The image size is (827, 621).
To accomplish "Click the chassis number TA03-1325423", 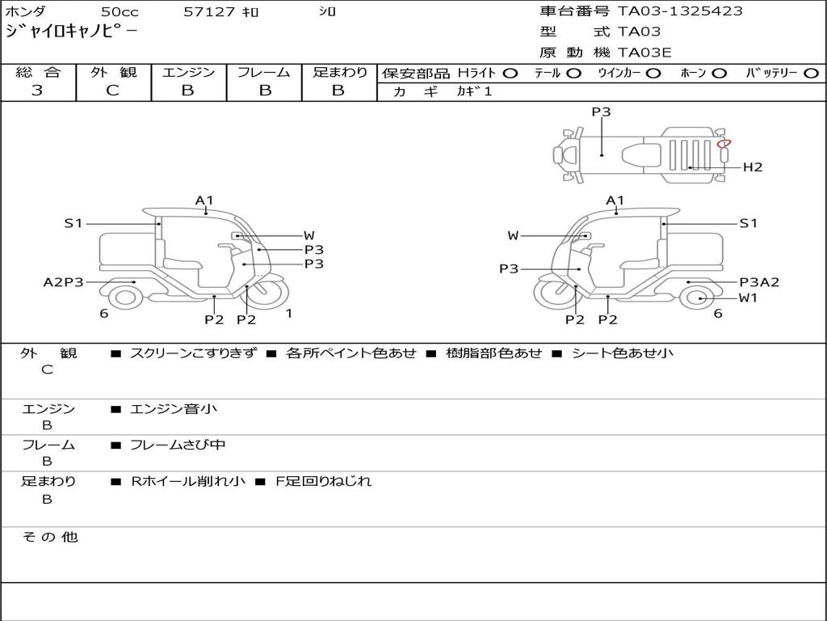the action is tap(680, 11).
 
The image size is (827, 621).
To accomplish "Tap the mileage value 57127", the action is tap(209, 12).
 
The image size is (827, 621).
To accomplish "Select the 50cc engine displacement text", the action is tap(120, 12).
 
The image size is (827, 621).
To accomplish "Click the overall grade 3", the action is tap(37, 91).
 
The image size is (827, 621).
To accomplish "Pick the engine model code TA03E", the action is tap(644, 53).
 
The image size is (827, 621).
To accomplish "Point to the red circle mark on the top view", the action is tap(724, 143).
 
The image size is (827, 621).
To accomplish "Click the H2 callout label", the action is tap(753, 167).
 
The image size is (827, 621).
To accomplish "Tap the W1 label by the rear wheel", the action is tap(748, 298).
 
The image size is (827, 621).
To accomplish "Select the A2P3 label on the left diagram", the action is tap(63, 282).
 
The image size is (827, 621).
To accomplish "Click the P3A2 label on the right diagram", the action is tap(759, 282).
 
